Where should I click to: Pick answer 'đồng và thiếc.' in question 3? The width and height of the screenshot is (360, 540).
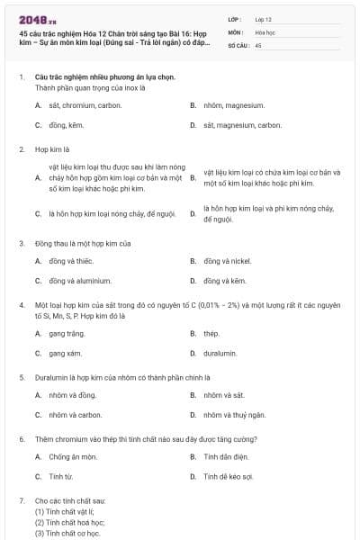(69, 261)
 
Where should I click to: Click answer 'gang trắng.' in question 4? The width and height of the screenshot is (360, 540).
(66, 333)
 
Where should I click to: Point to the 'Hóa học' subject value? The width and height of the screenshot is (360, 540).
(265, 31)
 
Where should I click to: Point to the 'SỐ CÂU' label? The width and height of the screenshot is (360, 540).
(238, 44)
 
